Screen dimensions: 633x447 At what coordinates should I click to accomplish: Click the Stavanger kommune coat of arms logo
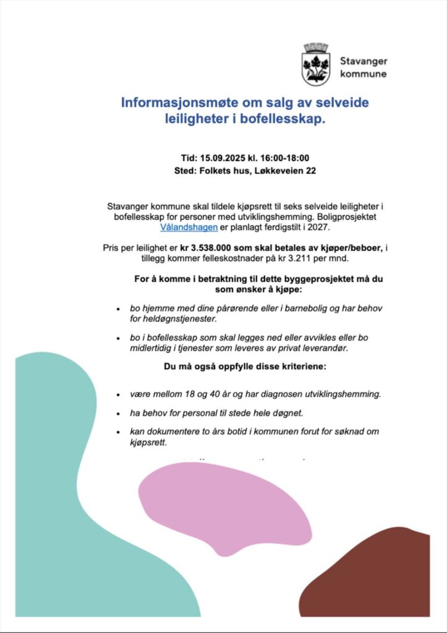[x=315, y=64]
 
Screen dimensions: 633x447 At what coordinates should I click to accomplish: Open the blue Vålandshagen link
[x=189, y=227]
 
